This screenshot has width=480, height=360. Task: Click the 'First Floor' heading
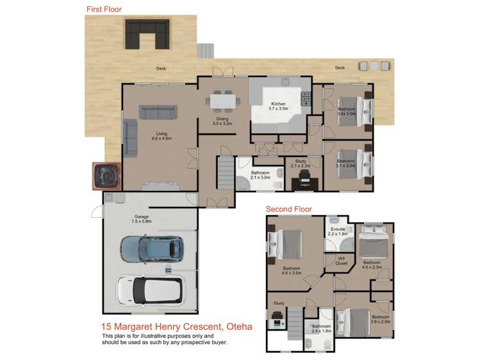(x=104, y=10)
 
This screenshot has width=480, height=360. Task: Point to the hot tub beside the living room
(x=105, y=176)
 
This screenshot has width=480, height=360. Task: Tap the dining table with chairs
(x=222, y=101)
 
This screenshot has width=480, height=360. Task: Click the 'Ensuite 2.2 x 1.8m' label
(x=337, y=231)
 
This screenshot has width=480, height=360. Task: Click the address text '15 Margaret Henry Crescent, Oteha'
(x=176, y=327)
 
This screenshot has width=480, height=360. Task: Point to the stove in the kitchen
(x=306, y=98)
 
